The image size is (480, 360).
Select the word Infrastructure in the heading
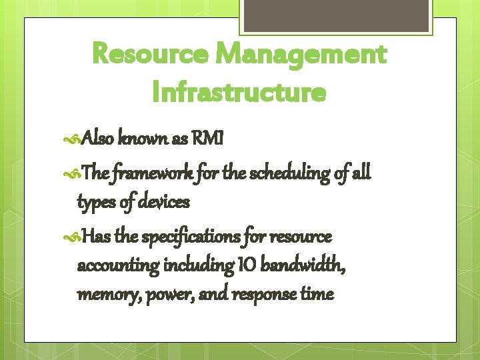click(x=239, y=92)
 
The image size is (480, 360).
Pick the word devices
click(x=165, y=201)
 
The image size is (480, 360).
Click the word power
click(x=159, y=294)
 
